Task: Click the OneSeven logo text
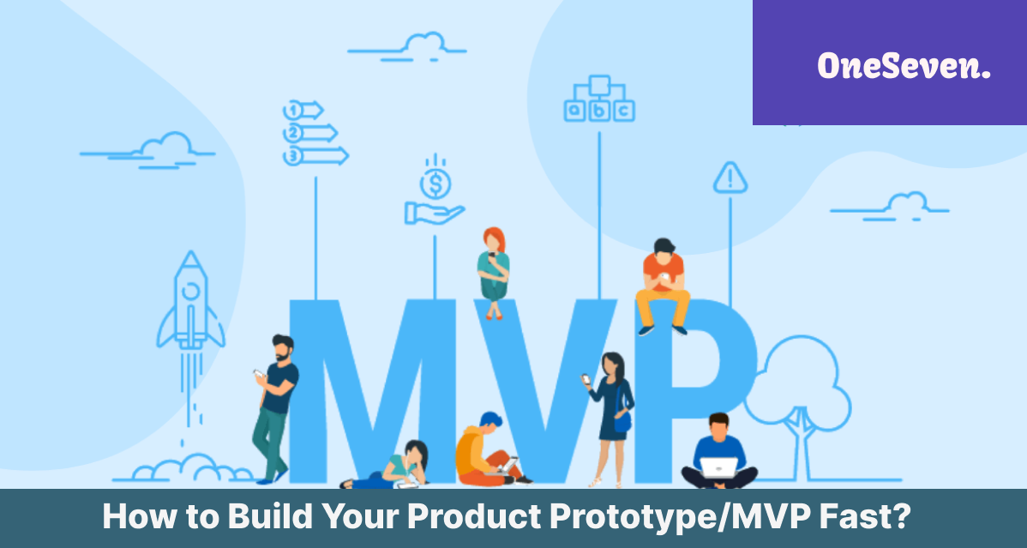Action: [x=904, y=66]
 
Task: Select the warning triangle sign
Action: [x=730, y=178]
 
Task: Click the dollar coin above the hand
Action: [x=435, y=184]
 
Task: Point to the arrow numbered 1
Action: [x=303, y=110]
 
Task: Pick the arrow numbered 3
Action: [x=315, y=156]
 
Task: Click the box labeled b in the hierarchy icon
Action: [x=598, y=111]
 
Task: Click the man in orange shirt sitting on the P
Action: [x=662, y=286]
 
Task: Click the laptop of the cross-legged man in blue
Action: [x=718, y=467]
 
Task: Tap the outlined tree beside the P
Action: [x=798, y=407]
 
